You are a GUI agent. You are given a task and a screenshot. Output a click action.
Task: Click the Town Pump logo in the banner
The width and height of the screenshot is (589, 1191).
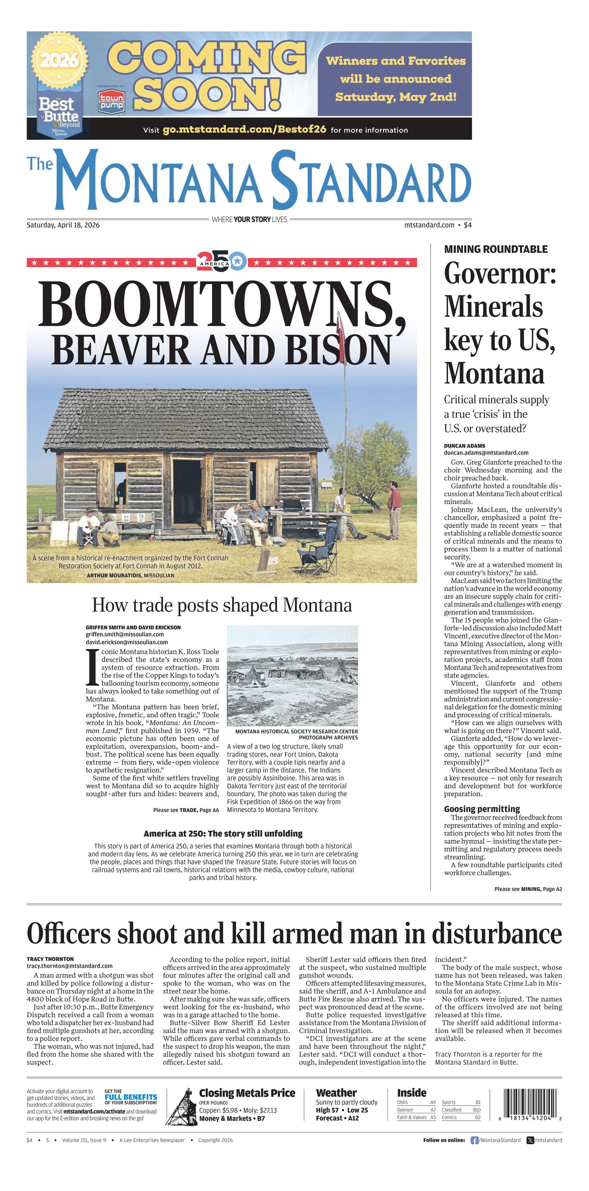(111, 101)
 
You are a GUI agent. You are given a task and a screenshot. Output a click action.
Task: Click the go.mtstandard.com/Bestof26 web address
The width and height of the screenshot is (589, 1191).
(244, 129)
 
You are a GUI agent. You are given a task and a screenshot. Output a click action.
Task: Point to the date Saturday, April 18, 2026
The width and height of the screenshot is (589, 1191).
(63, 225)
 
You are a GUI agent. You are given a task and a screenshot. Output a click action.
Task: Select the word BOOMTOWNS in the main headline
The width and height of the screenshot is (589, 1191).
(217, 304)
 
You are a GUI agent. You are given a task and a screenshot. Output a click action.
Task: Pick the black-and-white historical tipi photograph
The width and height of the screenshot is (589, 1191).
(292, 675)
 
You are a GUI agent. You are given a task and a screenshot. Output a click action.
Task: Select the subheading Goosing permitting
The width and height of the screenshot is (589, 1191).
(482, 809)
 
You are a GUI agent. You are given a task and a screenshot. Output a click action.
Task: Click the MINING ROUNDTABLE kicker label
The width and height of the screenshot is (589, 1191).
(496, 249)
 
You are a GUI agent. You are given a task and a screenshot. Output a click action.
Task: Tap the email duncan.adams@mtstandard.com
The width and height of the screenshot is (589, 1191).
(486, 453)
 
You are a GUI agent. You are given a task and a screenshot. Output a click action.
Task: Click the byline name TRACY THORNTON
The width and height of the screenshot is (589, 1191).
(50, 959)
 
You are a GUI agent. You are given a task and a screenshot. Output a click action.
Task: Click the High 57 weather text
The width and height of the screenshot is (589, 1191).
(327, 1110)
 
